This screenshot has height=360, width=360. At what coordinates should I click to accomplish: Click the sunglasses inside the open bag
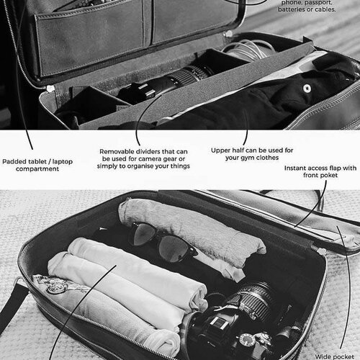[164, 242]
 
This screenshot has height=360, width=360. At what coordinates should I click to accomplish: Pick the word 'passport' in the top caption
[318, 3]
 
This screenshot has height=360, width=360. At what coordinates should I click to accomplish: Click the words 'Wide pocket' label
[335, 357]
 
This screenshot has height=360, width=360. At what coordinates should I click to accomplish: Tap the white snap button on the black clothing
[307, 89]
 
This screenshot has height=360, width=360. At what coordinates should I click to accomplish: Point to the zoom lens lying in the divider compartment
[168, 81]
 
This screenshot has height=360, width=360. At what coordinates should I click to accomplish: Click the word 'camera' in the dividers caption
[150, 159]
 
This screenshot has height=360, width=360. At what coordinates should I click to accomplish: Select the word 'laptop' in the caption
[63, 161]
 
